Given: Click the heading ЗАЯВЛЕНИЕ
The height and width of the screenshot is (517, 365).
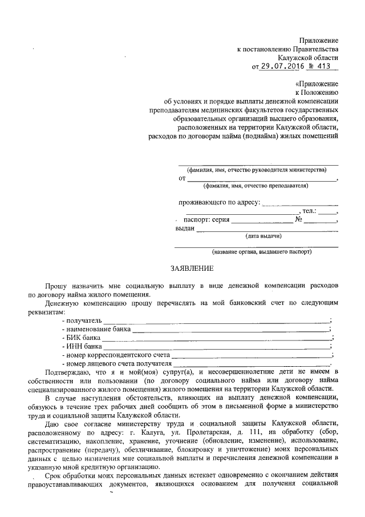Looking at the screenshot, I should (192, 268).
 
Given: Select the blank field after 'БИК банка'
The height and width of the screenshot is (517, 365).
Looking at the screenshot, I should (222, 338).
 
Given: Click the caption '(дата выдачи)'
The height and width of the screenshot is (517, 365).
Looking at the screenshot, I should (263, 235).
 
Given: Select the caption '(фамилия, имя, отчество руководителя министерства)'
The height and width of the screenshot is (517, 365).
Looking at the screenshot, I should (257, 170).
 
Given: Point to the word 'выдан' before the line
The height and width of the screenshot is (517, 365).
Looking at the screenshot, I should (184, 229).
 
